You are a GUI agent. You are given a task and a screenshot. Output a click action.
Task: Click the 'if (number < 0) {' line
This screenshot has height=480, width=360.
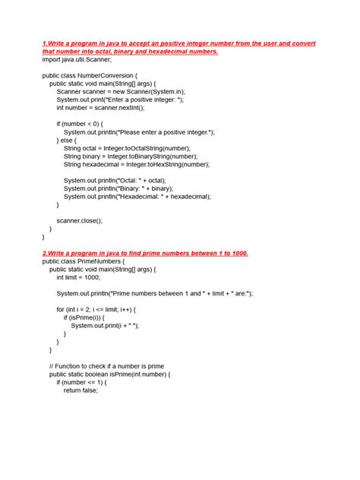pyautogui.click(x=85, y=123)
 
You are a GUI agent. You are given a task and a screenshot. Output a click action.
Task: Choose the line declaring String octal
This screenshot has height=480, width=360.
pyautogui.click(x=127, y=147)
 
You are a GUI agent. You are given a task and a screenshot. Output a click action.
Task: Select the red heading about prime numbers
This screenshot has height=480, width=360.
pyautogui.click(x=145, y=252)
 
